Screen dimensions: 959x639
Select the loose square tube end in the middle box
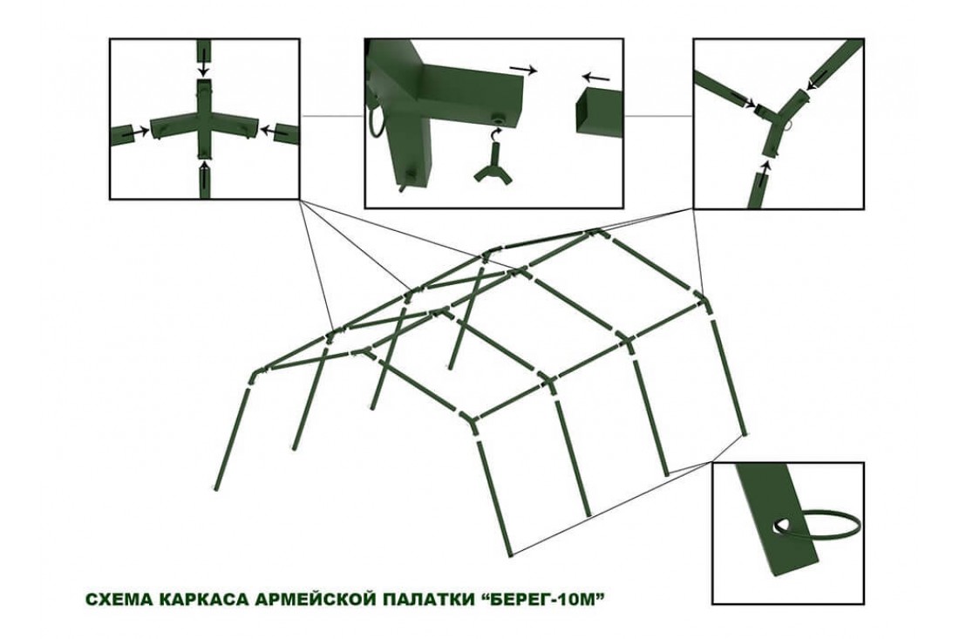[x=598, y=111]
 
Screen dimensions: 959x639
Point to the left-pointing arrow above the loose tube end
[x=595, y=78]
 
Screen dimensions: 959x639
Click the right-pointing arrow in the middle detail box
[x=524, y=69]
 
